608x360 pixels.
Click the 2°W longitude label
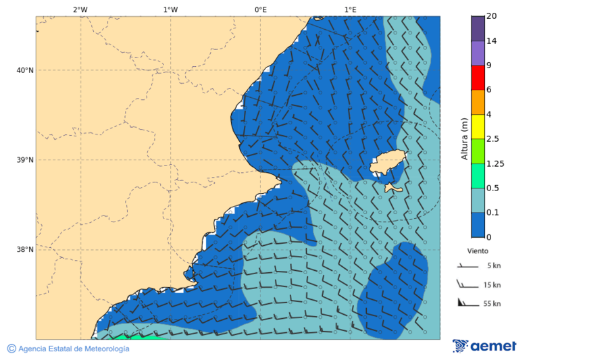pos(80,10)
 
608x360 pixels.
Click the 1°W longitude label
pos(170,10)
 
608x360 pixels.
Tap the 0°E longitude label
pos(260,10)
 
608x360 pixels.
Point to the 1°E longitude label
pos(350,10)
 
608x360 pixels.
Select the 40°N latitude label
pos(25,70)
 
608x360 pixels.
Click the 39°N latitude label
pos(25,160)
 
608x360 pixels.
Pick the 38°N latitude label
pos(25,249)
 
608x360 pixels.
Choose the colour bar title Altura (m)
pos(464,138)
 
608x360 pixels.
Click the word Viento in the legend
pos(478,251)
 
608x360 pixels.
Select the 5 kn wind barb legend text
pos(492,265)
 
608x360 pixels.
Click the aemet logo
pos(484,346)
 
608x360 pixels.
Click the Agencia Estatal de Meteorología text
pos(73,349)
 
